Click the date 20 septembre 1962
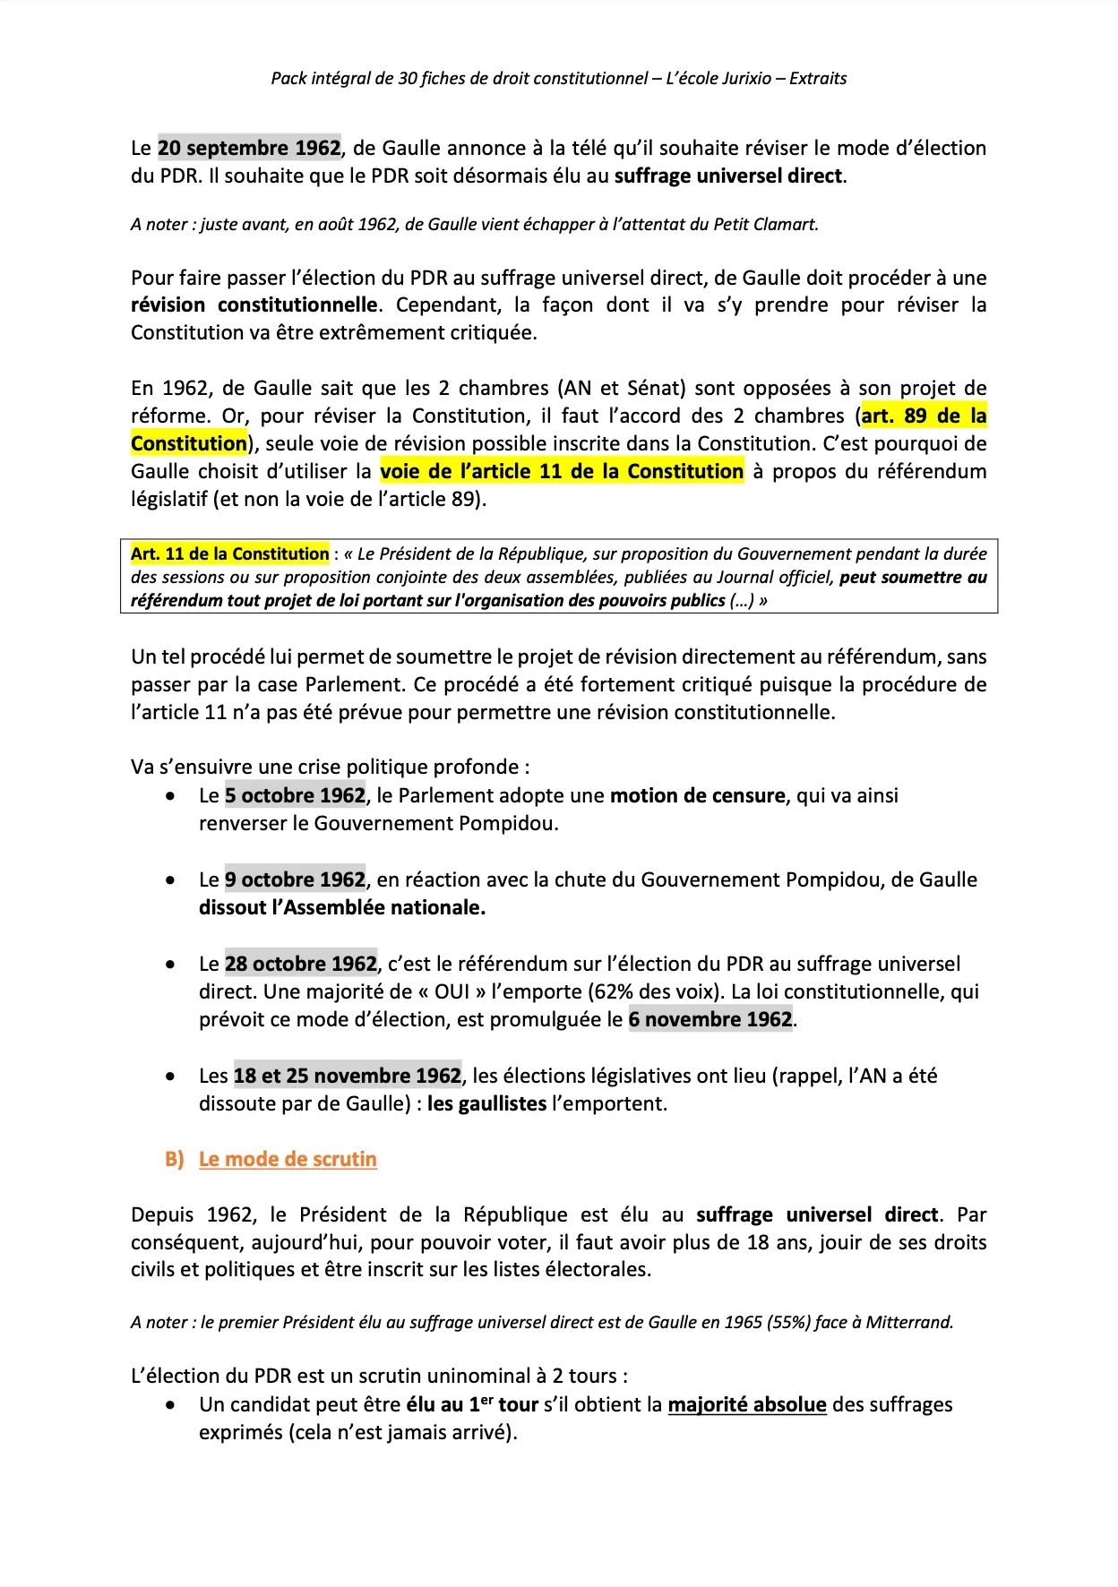point(249,148)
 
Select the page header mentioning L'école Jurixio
point(558,78)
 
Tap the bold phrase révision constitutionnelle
point(254,305)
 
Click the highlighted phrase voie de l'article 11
point(562,471)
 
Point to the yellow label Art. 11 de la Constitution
point(229,553)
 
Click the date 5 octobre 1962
point(295,795)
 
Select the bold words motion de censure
point(697,795)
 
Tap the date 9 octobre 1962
point(295,879)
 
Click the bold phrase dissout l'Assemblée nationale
point(341,907)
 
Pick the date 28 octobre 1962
point(300,964)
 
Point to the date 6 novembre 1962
point(710,1019)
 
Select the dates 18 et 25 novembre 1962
point(348,1076)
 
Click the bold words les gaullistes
point(486,1103)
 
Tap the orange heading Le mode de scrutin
point(288,1159)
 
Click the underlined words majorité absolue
point(747,1404)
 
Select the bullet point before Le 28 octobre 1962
point(170,965)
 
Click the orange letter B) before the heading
point(174,1159)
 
